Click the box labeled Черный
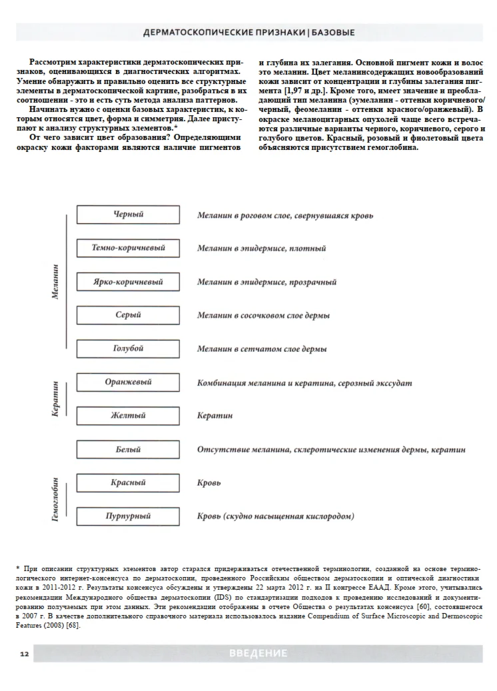point(128,215)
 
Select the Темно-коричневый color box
point(128,248)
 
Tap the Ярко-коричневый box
point(128,282)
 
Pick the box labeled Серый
point(128,315)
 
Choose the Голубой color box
point(128,348)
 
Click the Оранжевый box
point(128,382)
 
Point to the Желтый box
point(128,416)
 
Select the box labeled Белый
point(128,450)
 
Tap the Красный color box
point(128,482)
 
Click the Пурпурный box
point(128,516)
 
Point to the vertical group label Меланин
point(56,281)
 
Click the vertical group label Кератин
point(56,399)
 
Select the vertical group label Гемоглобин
point(56,499)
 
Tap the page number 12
point(24,654)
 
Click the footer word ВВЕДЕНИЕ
point(258,654)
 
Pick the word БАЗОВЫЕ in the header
point(333,32)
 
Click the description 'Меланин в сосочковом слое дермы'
point(263,315)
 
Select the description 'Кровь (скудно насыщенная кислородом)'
point(275,516)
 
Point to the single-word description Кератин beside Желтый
point(215,416)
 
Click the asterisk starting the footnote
point(18,568)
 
